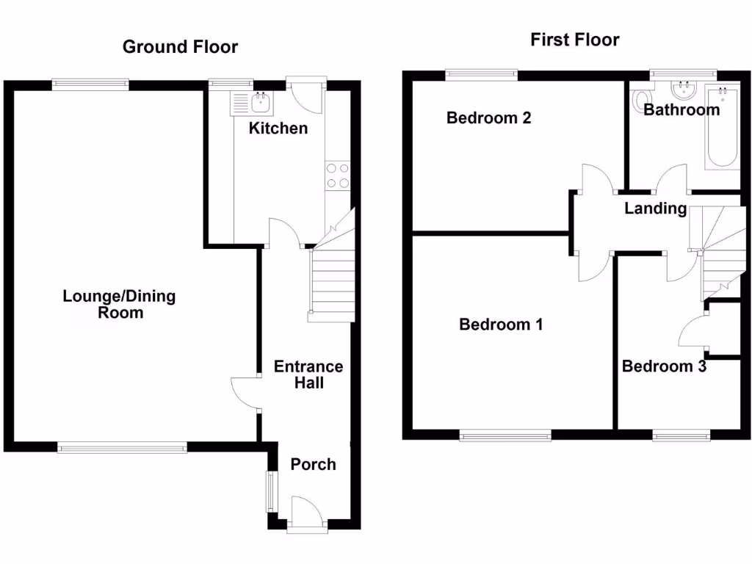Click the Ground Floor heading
click(180, 47)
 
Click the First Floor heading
click(574, 40)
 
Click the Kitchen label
click(278, 129)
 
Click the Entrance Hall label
click(308, 375)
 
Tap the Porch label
click(313, 464)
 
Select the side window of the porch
click(270, 491)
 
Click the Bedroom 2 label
click(488, 117)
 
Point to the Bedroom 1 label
click(501, 324)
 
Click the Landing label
click(655, 209)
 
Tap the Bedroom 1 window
click(505, 436)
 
